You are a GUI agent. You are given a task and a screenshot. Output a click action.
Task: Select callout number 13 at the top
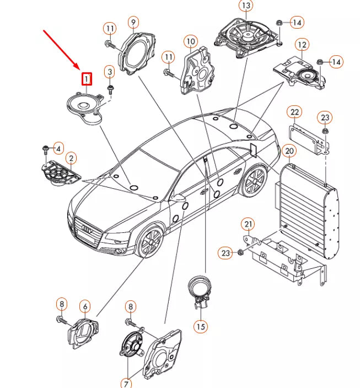tap(245, 6)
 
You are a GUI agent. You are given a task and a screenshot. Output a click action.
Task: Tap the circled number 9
tap(133, 22)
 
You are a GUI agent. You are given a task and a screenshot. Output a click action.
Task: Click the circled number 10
tap(190, 41)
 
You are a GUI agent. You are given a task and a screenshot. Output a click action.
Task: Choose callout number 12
tap(302, 44)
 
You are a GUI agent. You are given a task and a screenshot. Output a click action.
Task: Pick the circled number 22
tap(295, 113)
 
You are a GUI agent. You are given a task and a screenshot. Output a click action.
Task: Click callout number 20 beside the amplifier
tap(288, 151)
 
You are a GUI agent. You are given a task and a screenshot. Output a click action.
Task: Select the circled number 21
tap(248, 224)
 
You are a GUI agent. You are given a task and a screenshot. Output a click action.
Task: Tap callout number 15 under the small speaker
tap(201, 326)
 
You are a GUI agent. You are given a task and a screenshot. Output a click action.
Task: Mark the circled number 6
tap(84, 305)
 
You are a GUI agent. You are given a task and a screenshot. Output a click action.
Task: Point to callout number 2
tap(71, 159)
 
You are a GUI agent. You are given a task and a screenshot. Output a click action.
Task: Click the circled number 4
tap(57, 147)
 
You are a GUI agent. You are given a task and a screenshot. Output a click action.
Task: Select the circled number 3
tap(110, 72)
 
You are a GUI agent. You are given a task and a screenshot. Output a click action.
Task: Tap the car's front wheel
tap(149, 242)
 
